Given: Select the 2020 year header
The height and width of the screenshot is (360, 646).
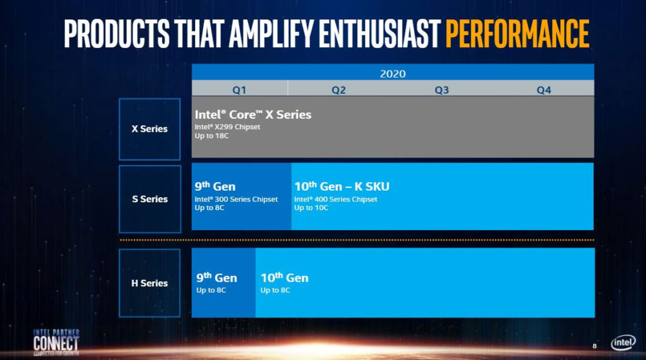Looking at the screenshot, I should click(x=392, y=73).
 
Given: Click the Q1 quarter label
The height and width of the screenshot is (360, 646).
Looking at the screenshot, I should click(x=239, y=90).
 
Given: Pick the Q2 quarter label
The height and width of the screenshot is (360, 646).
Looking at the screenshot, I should click(x=339, y=90).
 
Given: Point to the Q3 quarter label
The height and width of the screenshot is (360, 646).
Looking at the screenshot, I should click(x=441, y=90).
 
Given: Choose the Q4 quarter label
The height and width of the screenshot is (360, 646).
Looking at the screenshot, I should click(x=543, y=90).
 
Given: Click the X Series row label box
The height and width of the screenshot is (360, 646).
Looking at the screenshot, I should click(x=149, y=129).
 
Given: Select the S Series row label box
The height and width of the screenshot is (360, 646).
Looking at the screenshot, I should click(x=149, y=199).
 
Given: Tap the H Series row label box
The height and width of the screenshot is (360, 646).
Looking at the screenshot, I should click(x=149, y=283).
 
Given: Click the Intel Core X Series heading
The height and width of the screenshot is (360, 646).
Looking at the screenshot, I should click(x=253, y=114).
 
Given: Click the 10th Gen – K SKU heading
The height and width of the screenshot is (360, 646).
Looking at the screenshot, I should click(x=342, y=187).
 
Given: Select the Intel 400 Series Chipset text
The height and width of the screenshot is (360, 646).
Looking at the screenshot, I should click(x=335, y=199).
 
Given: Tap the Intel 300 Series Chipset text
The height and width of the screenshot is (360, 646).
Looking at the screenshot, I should click(x=236, y=199).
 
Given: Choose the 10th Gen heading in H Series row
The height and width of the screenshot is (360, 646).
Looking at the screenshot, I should click(x=284, y=278).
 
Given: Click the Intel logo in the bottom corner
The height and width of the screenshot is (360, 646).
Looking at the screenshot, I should click(x=623, y=343).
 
